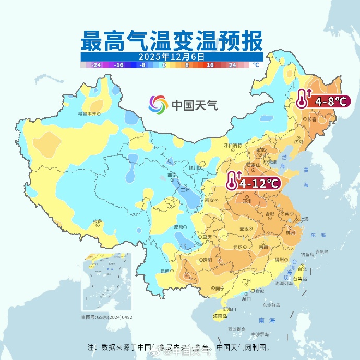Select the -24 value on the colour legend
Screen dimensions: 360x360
point(95,65)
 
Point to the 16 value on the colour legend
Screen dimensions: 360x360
point(210,65)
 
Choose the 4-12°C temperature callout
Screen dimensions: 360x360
point(254,183)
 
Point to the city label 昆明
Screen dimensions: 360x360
point(165,271)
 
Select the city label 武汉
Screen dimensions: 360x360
point(244,229)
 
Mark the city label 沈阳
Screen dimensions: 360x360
point(298,141)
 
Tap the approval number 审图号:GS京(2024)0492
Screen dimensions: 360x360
point(106,317)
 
